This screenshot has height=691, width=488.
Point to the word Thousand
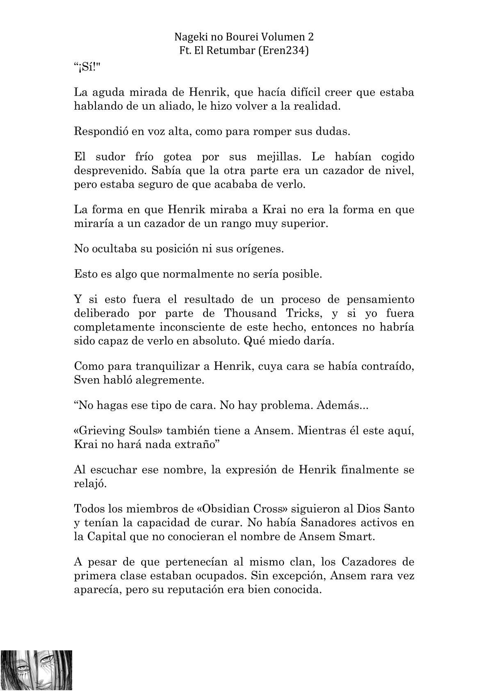tap(250, 314)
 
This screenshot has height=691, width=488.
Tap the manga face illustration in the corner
tap(36, 670)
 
